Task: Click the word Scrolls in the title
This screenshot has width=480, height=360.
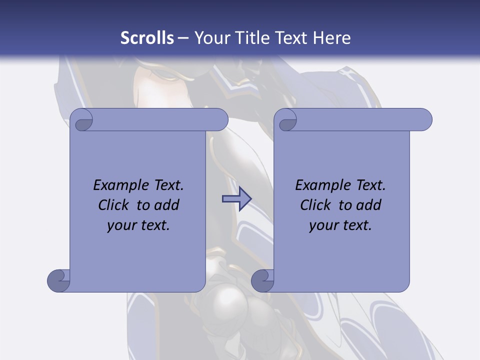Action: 147,38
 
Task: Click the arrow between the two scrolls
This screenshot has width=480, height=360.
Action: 236,199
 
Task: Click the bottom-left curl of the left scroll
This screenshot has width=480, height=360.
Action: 58,280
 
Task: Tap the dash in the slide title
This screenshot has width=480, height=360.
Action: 183,38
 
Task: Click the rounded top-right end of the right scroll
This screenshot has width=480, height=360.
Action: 424,120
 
